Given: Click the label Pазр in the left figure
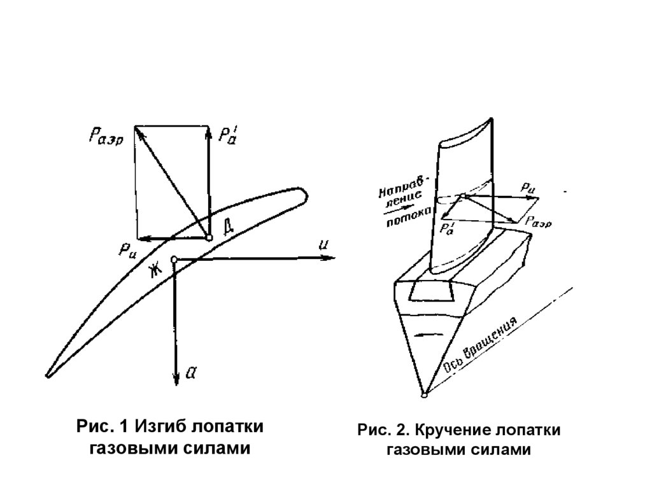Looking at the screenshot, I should tap(106, 135).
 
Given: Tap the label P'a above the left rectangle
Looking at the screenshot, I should tap(228, 135).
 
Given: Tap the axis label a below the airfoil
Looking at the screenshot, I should tap(189, 374).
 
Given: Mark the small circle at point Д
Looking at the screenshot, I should tap(209, 237).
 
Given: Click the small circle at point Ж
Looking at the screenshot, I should tap(174, 258).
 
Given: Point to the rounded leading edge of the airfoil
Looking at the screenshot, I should tap(304, 193).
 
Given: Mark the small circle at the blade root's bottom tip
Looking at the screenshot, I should tap(425, 396).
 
